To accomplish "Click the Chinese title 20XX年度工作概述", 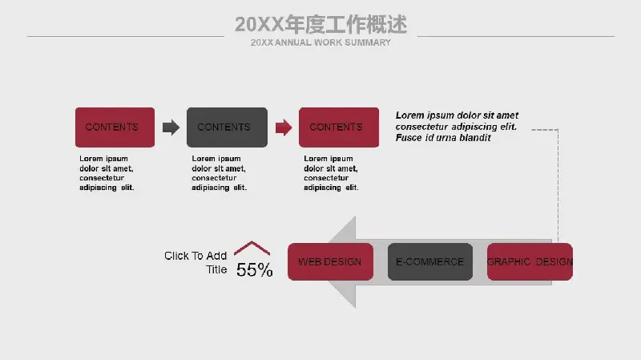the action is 321,25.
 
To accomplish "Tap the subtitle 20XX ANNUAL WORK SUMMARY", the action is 321,42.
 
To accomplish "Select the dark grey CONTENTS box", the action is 227,127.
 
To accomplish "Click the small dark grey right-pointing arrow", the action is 171,127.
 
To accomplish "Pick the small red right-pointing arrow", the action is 284,127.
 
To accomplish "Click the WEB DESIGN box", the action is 330,262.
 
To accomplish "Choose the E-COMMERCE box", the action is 430,262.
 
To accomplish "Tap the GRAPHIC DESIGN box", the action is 530,262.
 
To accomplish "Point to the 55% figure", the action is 254,270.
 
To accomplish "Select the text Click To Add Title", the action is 196,263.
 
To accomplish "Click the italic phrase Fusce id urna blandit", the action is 443,138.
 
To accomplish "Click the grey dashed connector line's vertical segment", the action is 558,186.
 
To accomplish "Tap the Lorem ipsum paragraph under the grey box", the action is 219,173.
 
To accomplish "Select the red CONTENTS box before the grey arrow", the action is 115,127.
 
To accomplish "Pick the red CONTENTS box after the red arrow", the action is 339,127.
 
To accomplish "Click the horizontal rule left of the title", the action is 126,36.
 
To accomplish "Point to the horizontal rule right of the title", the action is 516,36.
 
